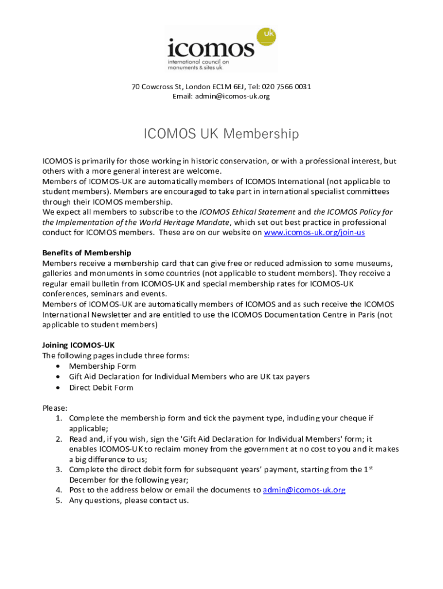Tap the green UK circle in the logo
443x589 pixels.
click(266, 36)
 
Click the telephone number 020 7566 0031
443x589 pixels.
click(287, 87)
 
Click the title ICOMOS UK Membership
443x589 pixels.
click(221, 134)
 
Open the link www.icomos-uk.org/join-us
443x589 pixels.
click(314, 232)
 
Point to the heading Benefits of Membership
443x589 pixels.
click(87, 253)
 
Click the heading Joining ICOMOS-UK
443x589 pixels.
click(78, 345)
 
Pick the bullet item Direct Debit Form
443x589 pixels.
click(101, 387)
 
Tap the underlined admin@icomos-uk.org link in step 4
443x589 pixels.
click(304, 490)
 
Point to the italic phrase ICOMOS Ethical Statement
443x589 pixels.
click(247, 212)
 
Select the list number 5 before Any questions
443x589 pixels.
click(59, 500)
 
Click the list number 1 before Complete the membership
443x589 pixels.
click(59, 418)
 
